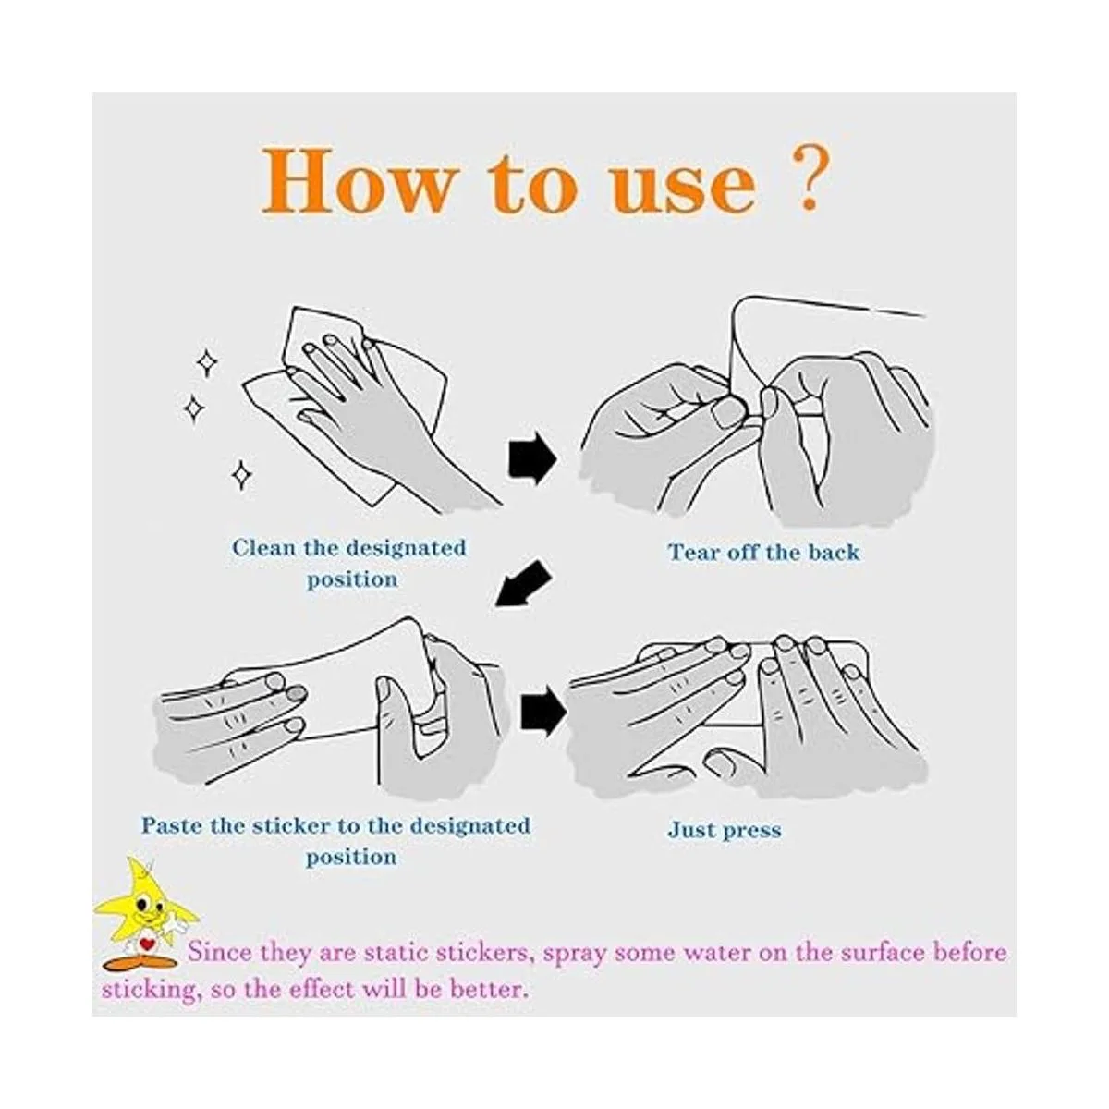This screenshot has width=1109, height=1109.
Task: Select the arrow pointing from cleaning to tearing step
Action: (531, 457)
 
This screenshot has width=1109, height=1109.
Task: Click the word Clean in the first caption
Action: (264, 547)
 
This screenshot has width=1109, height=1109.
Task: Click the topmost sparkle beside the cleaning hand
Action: (207, 363)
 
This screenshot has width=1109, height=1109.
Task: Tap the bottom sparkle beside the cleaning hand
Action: (242, 475)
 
